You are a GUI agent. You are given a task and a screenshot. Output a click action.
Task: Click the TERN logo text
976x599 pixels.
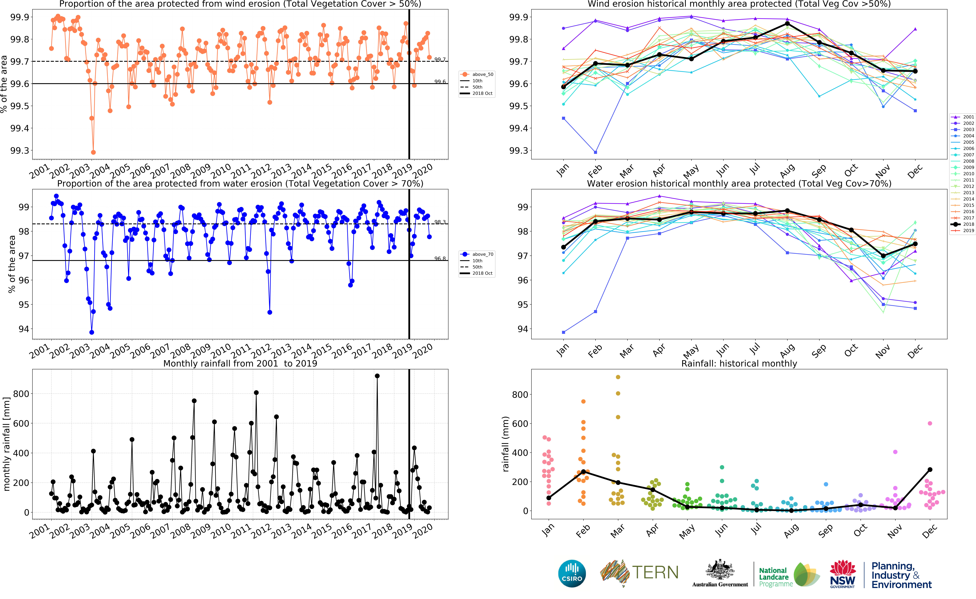(655, 572)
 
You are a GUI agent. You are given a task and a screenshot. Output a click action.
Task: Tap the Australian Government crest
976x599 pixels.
(720, 570)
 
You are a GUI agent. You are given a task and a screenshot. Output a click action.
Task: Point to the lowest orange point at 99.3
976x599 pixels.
(93, 152)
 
